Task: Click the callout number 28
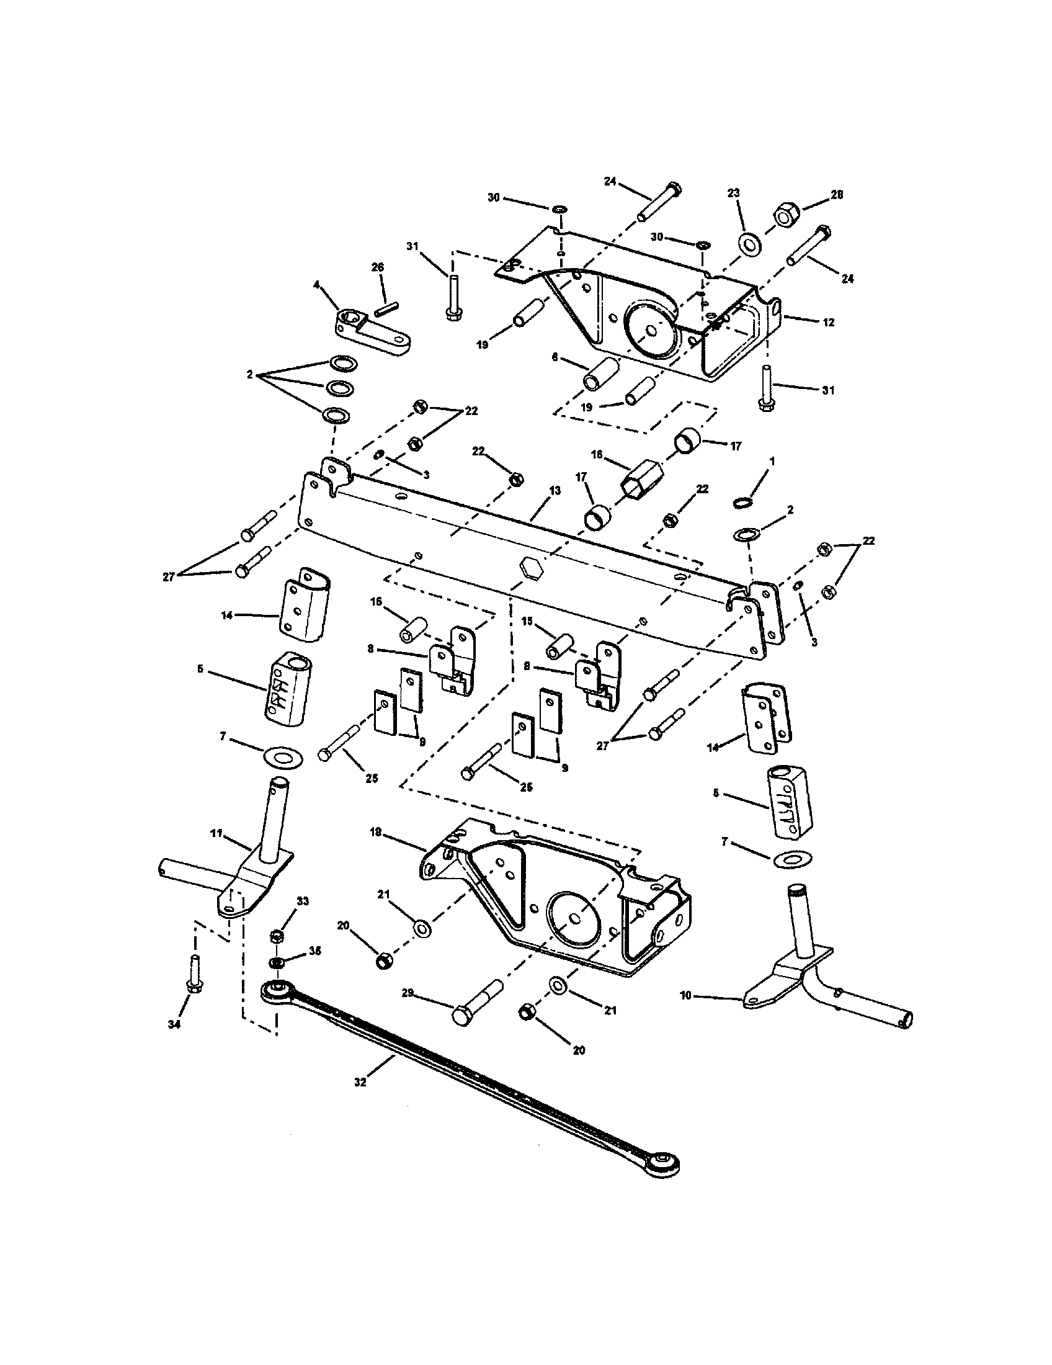[837, 195]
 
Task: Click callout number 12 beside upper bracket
[828, 323]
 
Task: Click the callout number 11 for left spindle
[215, 834]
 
